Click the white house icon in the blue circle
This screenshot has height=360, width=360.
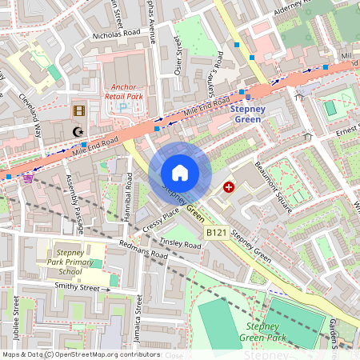click(180, 172)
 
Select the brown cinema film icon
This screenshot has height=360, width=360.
click(78, 111)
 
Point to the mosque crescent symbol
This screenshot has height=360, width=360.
click(78, 132)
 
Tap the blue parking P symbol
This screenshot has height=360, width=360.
click(122, 107)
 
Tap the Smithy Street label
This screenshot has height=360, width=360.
click(77, 287)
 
